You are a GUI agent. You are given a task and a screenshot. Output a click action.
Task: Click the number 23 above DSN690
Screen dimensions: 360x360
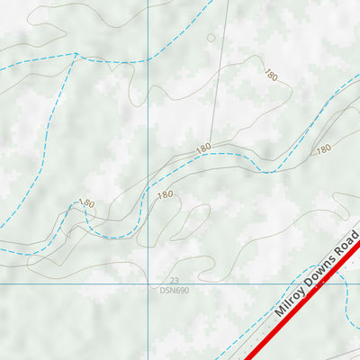click(x=175, y=281)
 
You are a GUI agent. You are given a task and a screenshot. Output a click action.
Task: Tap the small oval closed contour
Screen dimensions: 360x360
click(x=211, y=38)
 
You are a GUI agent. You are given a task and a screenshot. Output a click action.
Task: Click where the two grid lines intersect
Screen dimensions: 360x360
click(x=148, y=284)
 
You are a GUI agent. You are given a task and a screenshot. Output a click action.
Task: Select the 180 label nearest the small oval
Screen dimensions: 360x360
click(x=270, y=76)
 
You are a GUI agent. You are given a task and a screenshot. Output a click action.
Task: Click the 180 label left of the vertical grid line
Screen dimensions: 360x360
click(x=86, y=204)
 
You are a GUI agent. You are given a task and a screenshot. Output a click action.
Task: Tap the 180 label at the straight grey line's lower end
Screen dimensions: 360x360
click(x=203, y=147)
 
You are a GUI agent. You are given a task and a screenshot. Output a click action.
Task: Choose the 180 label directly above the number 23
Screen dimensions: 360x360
click(x=165, y=195)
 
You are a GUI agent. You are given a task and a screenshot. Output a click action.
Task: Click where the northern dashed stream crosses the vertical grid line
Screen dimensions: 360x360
click(x=148, y=60)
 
